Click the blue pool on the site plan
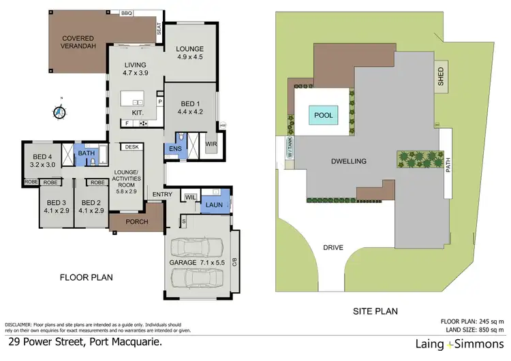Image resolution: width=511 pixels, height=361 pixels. pyautogui.click(x=324, y=116)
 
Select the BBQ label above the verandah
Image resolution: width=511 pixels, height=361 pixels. pyautogui.click(x=127, y=13)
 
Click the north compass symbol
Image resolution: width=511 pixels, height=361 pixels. pyautogui.click(x=59, y=111)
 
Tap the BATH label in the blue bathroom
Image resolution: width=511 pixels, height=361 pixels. pyautogui.click(x=87, y=154)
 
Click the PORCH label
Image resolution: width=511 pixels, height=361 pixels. pyautogui.click(x=136, y=221)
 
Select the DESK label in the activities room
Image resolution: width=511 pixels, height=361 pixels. pyautogui.click(x=131, y=146)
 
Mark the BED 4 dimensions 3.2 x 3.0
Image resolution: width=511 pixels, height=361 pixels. pyautogui.click(x=44, y=164)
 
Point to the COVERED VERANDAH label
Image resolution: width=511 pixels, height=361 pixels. pyautogui.click(x=78, y=43)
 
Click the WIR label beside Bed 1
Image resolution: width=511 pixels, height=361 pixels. pyautogui.click(x=211, y=144)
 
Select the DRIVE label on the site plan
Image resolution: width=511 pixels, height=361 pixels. pyautogui.click(x=333, y=247)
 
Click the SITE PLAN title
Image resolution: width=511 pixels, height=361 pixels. pyautogui.click(x=375, y=311)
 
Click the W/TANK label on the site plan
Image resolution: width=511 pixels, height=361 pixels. pyautogui.click(x=288, y=147)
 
